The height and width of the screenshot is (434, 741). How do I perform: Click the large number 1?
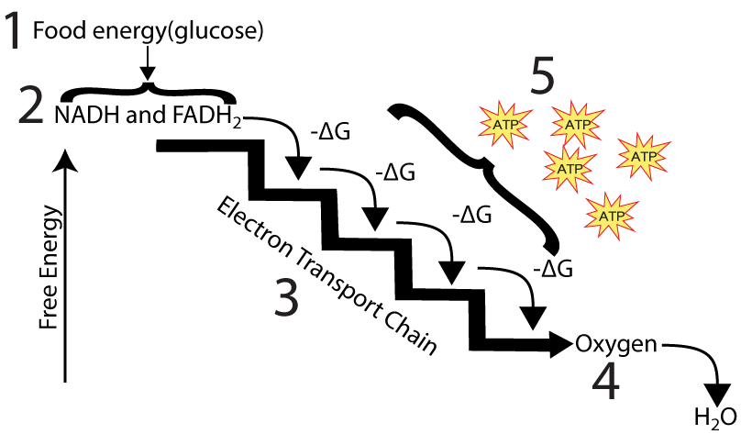[x=13, y=30]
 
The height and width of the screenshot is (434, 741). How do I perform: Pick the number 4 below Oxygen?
[x=605, y=382]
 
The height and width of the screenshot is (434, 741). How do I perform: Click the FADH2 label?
[x=207, y=117]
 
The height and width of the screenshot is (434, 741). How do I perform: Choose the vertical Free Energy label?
[x=50, y=267]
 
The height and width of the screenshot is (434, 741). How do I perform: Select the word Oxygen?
[x=616, y=345]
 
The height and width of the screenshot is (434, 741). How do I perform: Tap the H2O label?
[x=715, y=417]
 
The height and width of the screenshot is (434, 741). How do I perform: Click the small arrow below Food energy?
[x=148, y=63]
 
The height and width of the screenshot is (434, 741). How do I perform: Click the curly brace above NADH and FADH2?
[x=148, y=92]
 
